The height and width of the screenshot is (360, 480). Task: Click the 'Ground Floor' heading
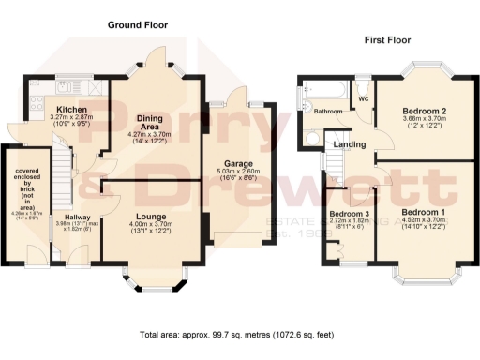point(139,24)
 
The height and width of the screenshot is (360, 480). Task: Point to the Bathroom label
point(327,112)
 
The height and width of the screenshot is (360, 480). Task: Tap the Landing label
point(352,144)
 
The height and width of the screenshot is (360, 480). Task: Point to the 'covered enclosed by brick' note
point(19,187)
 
